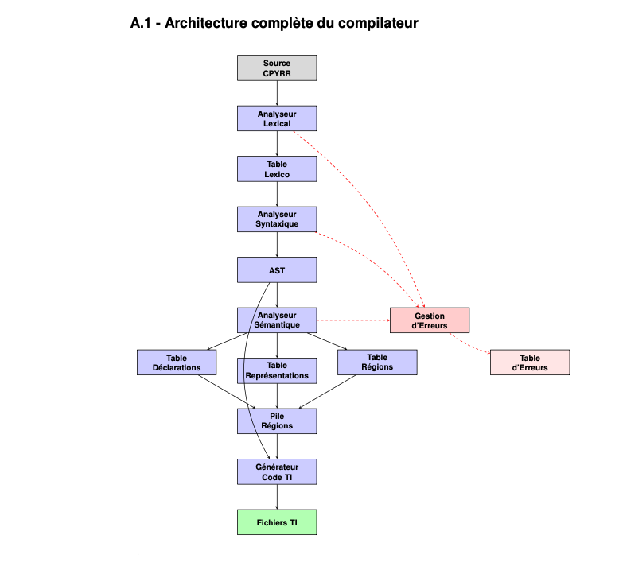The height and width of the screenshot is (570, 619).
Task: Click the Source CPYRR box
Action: coord(277,68)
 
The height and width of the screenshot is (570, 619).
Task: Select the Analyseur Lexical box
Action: coord(277,118)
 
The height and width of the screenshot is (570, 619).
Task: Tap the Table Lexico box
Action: coord(277,169)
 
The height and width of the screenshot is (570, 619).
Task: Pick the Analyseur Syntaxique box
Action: coord(277,219)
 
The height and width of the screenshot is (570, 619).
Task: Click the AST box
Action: coord(277,269)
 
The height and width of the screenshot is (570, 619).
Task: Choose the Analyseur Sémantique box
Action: coord(277,320)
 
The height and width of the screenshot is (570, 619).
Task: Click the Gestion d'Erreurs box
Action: coord(430,320)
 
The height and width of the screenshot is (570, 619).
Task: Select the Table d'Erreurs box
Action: coord(530,363)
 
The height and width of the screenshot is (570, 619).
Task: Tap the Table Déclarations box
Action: coord(177,363)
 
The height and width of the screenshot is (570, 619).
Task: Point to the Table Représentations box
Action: coord(277,370)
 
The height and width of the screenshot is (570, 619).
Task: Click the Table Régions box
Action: coord(377,363)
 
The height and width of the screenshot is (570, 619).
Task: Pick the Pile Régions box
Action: coord(277,421)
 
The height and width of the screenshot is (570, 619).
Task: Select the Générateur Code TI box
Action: coord(277,471)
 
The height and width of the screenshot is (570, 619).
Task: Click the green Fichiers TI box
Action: coord(277,522)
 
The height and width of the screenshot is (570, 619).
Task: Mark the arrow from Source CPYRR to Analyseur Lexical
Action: coord(277,93)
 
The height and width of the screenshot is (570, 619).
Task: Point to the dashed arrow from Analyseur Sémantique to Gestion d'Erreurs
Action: coord(353,320)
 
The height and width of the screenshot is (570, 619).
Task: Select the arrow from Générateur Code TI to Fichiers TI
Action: coord(277,497)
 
